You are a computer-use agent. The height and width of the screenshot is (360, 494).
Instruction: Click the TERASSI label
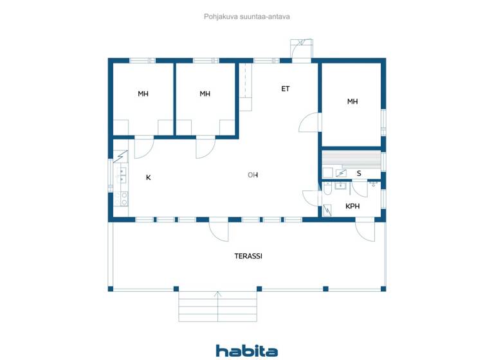248,256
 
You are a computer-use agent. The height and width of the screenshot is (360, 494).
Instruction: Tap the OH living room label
253,175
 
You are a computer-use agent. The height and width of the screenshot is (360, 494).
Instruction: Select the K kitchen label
148,177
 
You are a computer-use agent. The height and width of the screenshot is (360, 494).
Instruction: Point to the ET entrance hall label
285,89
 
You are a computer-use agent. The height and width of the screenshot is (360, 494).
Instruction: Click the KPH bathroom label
352,206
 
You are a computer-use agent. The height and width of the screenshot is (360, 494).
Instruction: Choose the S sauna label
358,173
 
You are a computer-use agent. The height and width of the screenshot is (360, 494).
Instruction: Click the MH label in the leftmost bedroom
143,94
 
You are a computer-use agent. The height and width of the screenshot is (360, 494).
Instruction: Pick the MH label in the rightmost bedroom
352,102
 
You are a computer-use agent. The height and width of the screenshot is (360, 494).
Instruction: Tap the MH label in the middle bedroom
205,94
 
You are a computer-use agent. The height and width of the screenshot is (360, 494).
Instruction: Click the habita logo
246,350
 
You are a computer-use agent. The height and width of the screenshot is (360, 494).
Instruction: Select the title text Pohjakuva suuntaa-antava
247,17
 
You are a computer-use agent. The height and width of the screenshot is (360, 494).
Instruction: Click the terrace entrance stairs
217,307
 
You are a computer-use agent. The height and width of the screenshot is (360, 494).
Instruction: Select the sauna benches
351,158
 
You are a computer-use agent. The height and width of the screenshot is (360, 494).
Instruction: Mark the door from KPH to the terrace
365,230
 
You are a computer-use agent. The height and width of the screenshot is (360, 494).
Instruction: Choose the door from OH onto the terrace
219,230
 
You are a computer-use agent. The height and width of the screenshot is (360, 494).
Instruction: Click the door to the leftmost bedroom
143,148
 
